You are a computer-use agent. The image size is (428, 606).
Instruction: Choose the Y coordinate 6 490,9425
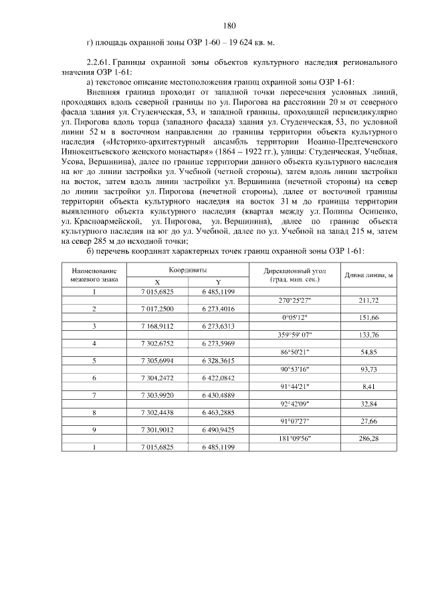tap(218, 430)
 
